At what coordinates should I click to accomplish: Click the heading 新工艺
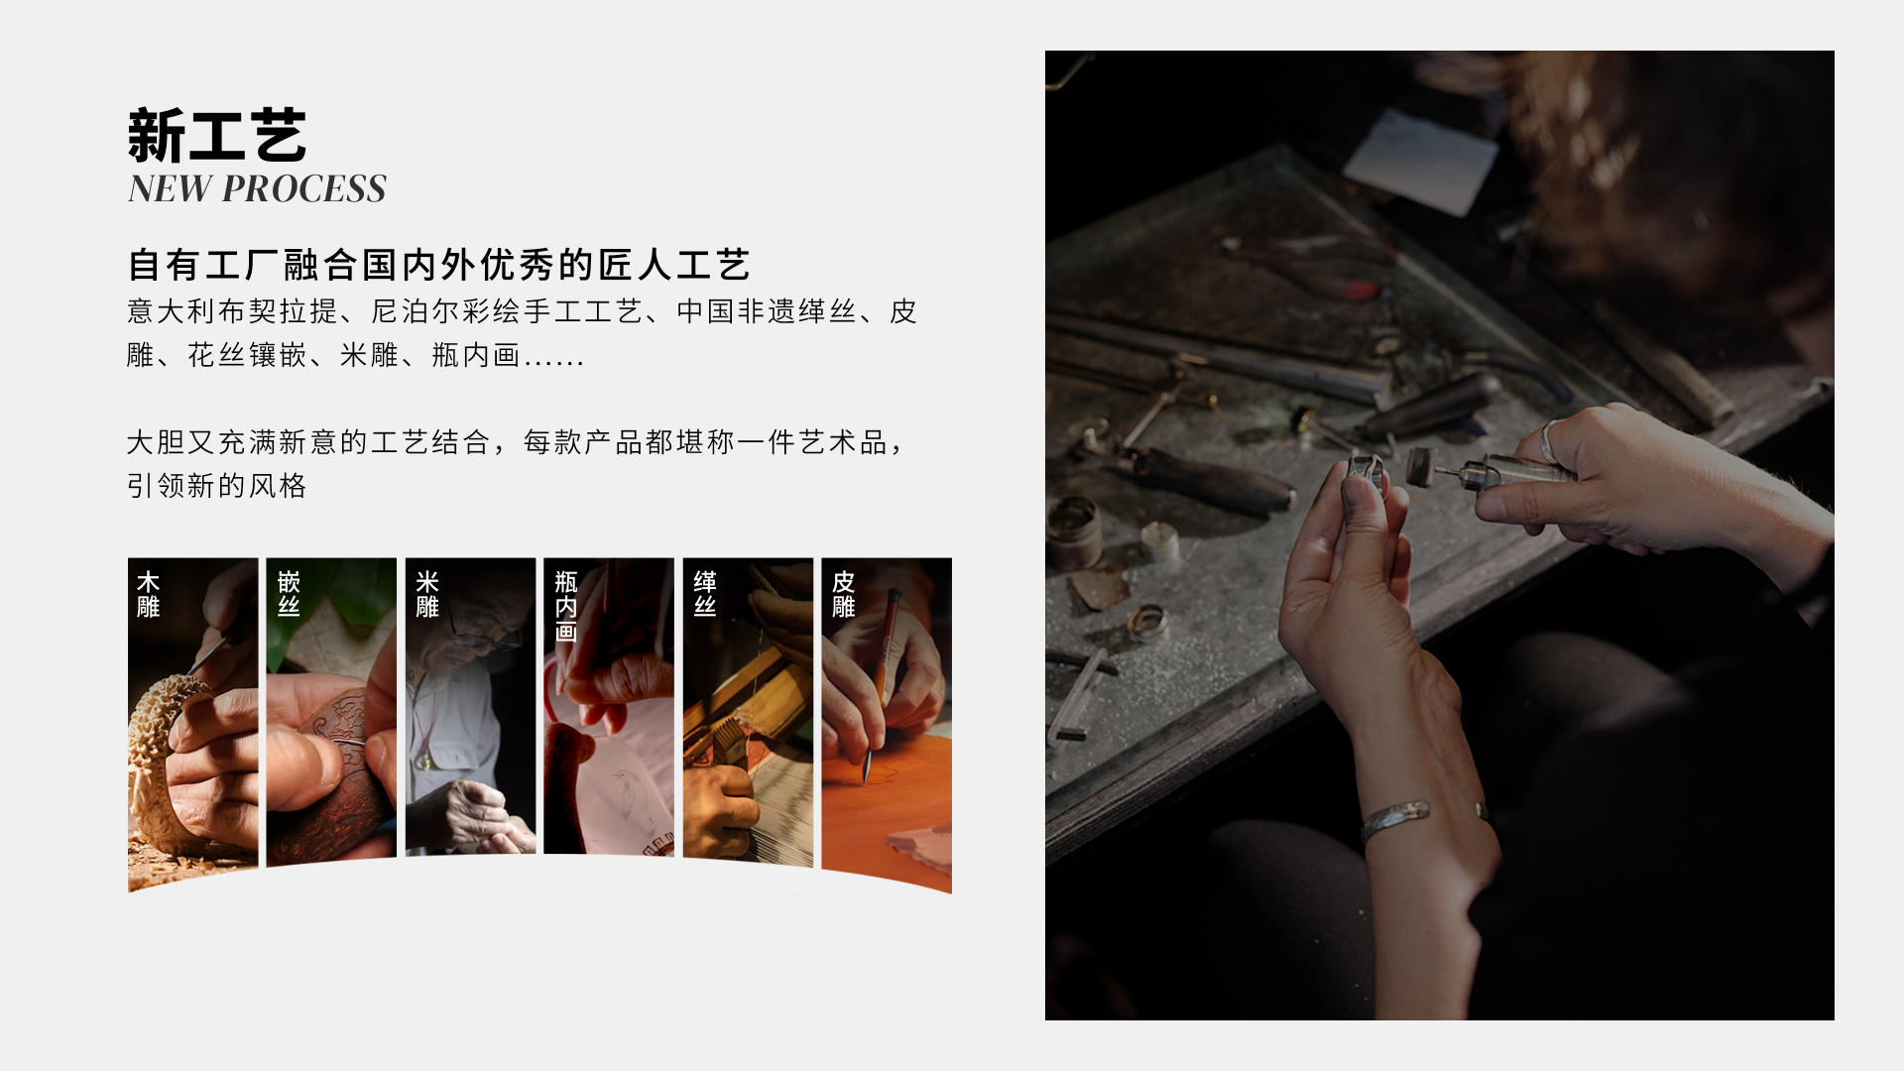coord(217,135)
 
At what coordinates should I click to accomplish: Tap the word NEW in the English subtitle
coord(170,188)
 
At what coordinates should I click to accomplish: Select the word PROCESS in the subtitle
coord(304,188)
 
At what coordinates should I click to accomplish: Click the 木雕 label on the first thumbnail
coord(149,594)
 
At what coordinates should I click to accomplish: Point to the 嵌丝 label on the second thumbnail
coord(289,594)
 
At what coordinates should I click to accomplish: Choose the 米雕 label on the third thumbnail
coord(427,594)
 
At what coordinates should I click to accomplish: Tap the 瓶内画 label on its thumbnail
coord(566,606)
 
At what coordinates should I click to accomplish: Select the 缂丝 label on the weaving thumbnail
coord(705,594)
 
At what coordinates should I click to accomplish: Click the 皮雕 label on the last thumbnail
coord(844,594)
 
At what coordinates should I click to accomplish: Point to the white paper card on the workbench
coord(1419,162)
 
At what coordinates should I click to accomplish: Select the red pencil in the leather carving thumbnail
coord(880,684)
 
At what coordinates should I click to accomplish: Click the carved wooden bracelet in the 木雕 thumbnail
coord(164,764)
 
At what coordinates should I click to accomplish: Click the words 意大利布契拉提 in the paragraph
coord(233,311)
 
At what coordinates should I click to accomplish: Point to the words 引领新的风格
coord(217,486)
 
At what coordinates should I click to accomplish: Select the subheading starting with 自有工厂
coord(439,265)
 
